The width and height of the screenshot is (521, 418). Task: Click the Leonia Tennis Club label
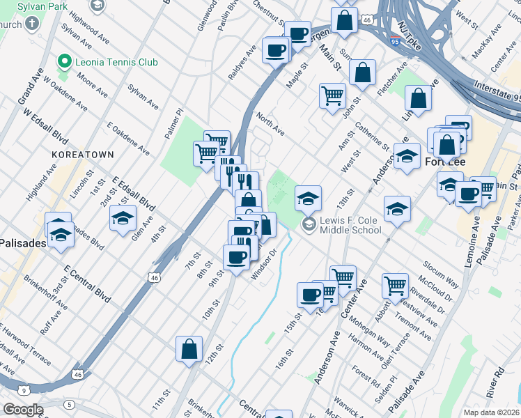click(109, 61)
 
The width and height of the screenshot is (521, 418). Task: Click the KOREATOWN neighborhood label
click(77, 151)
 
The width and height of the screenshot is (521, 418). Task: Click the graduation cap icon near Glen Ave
click(123, 219)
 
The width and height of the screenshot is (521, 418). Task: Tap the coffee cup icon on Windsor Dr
click(237, 257)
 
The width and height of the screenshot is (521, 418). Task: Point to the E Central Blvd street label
click(86, 281)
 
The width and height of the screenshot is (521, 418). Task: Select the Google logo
click(24, 410)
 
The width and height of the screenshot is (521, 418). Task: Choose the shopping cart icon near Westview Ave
click(395, 286)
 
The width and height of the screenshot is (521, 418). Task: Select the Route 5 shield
click(69, 404)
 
